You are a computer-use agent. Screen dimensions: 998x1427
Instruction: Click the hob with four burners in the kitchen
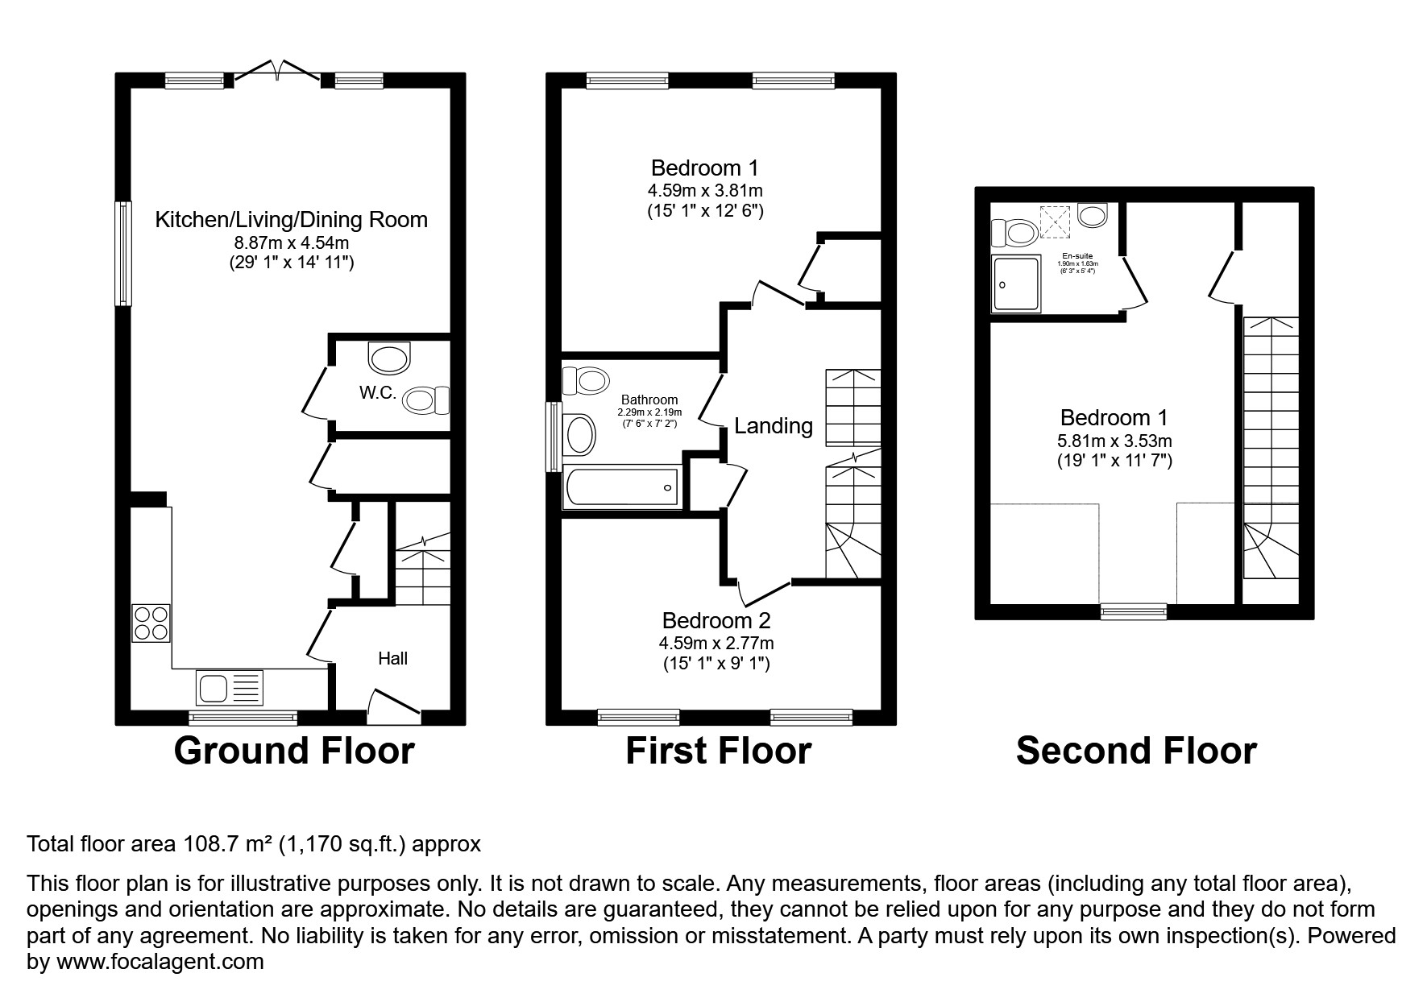[x=151, y=623]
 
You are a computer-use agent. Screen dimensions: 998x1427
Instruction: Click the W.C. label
[x=376, y=393]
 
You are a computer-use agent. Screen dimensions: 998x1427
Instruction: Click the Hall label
[x=393, y=659]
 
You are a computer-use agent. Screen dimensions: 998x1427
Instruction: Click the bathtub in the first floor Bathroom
[x=621, y=487]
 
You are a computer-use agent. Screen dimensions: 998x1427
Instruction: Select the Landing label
[x=773, y=425]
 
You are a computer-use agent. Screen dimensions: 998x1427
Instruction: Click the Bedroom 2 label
[x=716, y=620]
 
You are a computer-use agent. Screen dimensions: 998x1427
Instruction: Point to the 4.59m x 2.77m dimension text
[x=716, y=643]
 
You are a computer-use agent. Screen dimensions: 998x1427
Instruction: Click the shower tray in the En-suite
[x=1017, y=284]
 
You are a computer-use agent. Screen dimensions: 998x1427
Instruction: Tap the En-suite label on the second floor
[x=1077, y=255]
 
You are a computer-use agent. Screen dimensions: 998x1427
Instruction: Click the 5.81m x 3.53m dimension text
[x=1114, y=441]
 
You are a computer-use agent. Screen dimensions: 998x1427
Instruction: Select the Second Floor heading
[x=1136, y=751]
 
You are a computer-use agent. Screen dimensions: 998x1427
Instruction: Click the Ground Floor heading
[x=294, y=751]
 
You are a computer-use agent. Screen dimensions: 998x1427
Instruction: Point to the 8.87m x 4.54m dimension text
[x=291, y=242]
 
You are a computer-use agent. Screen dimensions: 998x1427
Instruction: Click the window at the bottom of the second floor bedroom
[x=1134, y=611]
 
